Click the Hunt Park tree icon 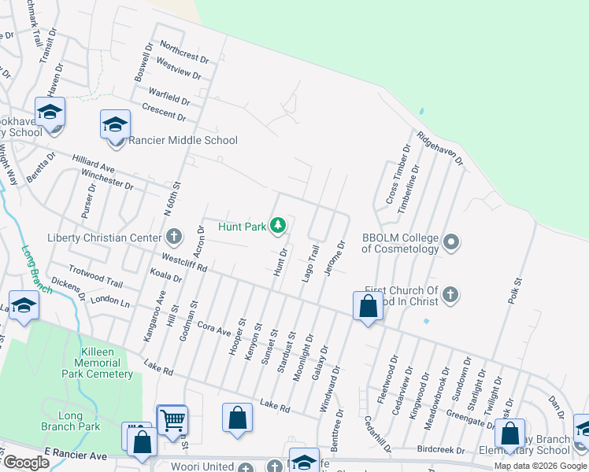277,227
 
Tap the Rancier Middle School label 182,140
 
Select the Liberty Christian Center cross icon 174,236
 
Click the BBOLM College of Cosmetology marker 450,242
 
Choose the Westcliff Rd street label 183,262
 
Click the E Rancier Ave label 76,455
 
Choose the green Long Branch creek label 36,270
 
